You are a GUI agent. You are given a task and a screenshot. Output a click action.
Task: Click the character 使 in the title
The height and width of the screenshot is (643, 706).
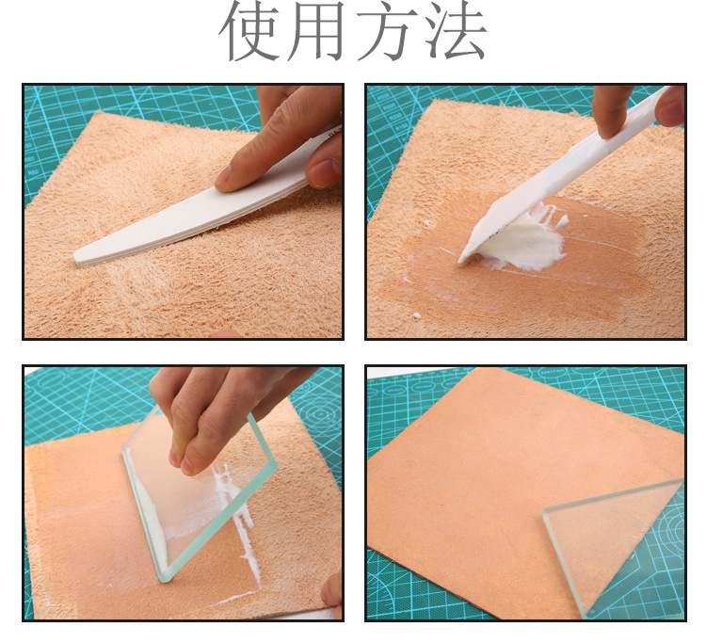tap(250, 31)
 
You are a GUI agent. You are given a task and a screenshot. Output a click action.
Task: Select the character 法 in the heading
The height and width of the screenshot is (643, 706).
tap(456, 31)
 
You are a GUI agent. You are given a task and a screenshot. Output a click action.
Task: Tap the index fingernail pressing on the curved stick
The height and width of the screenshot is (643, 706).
tap(224, 175)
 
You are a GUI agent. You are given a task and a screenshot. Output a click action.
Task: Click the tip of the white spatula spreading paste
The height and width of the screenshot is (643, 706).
tap(460, 260)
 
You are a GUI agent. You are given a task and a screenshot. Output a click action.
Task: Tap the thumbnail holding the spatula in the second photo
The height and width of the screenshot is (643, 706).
tap(672, 111)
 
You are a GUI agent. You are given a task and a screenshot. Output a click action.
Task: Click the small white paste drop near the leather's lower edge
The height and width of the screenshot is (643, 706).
tap(417, 315)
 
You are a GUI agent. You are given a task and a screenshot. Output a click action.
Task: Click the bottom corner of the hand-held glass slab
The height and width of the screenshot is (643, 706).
tap(166, 580)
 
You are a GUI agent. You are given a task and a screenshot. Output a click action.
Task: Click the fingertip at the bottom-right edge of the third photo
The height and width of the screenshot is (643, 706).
tap(332, 590)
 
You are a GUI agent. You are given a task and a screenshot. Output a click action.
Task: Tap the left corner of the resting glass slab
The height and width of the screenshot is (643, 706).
tap(545, 511)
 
